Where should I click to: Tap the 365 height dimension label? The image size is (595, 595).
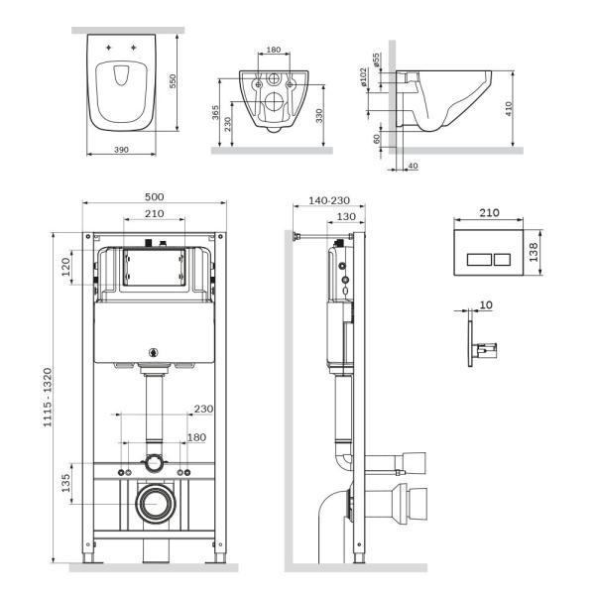point(217,112)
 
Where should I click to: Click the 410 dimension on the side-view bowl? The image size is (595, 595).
point(509,107)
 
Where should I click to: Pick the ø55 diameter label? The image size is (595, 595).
point(377,60)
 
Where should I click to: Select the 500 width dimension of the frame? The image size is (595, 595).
point(154,196)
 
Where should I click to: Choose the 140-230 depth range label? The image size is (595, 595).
point(329,200)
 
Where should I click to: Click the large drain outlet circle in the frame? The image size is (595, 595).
point(154,505)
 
